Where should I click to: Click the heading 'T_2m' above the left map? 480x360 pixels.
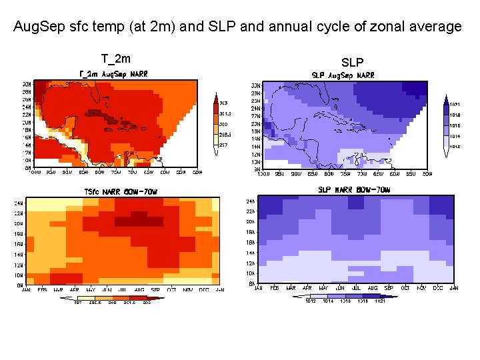tap(115, 59)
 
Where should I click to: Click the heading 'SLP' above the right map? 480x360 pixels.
tap(352, 63)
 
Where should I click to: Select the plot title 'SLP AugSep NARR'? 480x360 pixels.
tap(343, 75)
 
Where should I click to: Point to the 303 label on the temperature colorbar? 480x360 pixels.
tap(224, 103)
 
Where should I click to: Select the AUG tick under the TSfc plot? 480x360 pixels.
tap(158, 290)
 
